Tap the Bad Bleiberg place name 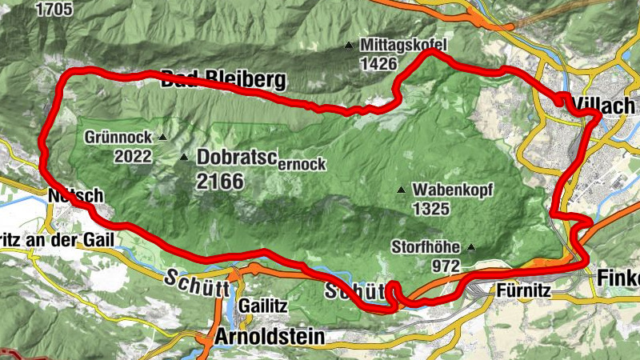[223, 80]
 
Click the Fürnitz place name [524, 290]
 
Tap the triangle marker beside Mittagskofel [349, 46]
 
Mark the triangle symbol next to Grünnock [163, 138]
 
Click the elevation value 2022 [132, 156]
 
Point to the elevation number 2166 [219, 181]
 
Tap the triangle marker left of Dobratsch [185, 158]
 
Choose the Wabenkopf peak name [453, 190]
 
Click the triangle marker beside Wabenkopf [401, 190]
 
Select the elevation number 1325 [431, 209]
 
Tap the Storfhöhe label [428, 246]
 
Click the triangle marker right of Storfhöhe [471, 247]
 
